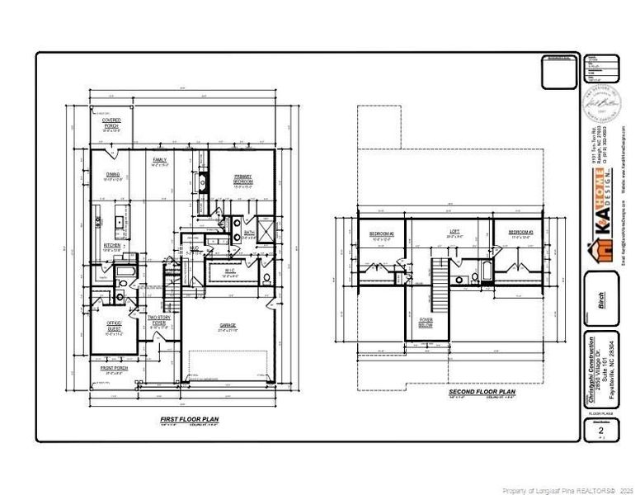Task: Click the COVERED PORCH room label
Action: click(x=111, y=124)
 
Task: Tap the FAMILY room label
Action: click(x=160, y=159)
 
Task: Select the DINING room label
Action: click(x=113, y=175)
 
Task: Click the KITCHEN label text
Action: click(x=113, y=246)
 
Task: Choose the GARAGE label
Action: click(x=228, y=325)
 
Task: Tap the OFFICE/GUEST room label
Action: click(x=114, y=325)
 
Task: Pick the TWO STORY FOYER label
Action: click(x=159, y=320)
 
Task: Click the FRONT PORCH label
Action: click(x=115, y=368)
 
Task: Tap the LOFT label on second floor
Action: click(x=454, y=232)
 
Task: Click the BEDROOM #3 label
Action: click(x=521, y=233)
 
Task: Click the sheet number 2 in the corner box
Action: click(x=601, y=431)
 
